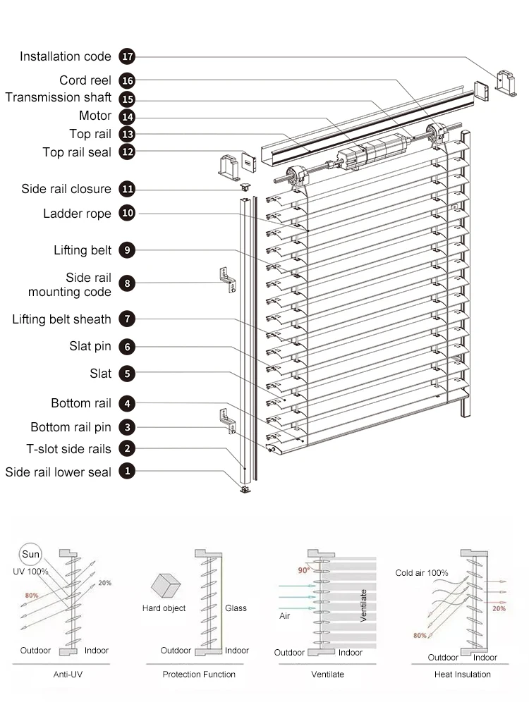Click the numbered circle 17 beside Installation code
coord(127,56)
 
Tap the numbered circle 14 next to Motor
coord(127,116)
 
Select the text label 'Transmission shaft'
coord(59,98)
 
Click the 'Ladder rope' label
coord(77,214)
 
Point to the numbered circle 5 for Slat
coord(127,374)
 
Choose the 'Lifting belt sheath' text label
coord(62,319)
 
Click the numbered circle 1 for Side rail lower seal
coord(127,472)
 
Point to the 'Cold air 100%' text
coord(422,573)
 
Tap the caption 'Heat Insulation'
coord(462,675)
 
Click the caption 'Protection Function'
coord(199,675)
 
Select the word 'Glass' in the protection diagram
coord(236,608)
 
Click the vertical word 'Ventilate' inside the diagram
coord(364,605)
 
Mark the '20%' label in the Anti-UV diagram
coord(104,583)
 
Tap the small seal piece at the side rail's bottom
coord(245,489)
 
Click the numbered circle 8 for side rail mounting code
coord(127,283)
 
